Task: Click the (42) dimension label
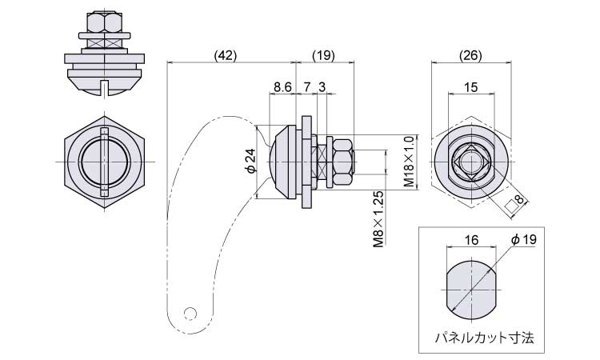click(225, 55)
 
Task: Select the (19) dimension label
click(323, 55)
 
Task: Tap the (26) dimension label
click(470, 55)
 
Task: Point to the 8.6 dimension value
click(282, 86)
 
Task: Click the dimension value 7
click(306, 86)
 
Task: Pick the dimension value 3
click(322, 86)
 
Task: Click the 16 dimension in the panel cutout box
click(470, 240)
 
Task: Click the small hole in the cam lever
click(190, 312)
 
